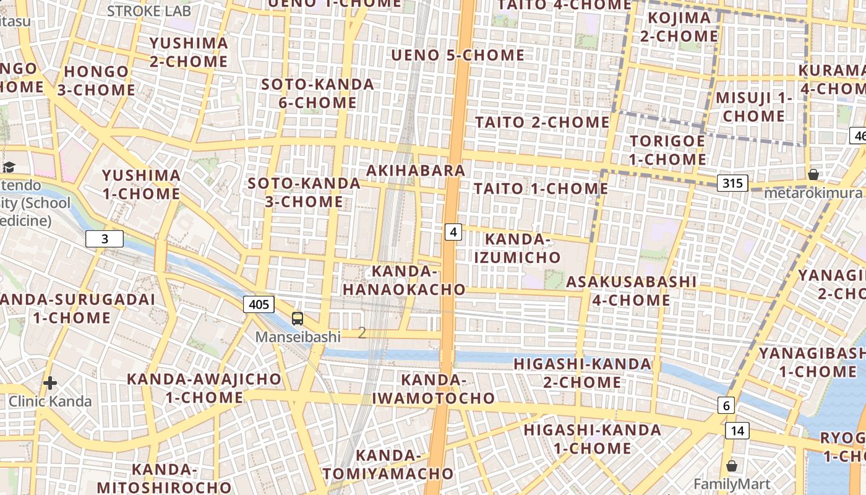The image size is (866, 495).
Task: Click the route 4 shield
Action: coord(453,232)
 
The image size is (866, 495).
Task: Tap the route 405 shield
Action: coord(259,304)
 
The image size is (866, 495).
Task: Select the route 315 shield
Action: coord(732,183)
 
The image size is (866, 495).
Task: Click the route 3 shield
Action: coord(105,239)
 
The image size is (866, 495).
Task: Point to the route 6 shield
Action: coord(726,406)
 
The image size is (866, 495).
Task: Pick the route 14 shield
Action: coord(738,431)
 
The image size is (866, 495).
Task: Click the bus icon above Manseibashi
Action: coord(298,319)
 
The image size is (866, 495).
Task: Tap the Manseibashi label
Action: coord(298,337)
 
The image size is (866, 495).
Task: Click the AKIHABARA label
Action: coord(416,170)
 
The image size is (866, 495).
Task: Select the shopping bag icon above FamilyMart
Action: coord(732,466)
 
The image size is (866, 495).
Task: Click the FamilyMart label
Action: coord(732,484)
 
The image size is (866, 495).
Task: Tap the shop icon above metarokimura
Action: coord(813,174)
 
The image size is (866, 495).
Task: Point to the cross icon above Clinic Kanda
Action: coord(50,383)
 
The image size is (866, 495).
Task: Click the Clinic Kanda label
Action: coord(50,402)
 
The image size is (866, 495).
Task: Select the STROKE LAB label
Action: coord(149,11)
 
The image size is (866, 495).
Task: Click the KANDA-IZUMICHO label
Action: coord(517,247)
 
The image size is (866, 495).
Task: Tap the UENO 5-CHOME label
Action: coord(458,55)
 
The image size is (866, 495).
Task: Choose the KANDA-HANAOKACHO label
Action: coord(405,280)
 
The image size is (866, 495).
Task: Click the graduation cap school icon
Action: coord(9,167)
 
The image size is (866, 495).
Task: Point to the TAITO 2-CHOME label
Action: coord(542,122)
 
